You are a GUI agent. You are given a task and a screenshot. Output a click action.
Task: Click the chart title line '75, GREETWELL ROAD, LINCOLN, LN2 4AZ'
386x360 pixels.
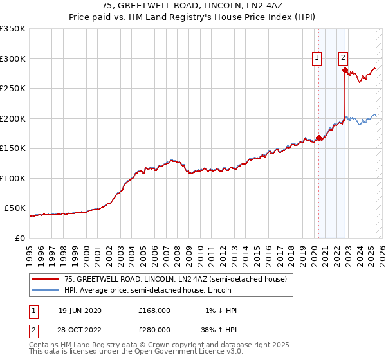[193, 6]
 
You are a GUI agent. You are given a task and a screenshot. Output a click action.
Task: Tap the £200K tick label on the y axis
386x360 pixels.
[13, 118]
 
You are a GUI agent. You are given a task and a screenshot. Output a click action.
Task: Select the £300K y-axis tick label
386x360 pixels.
[13, 59]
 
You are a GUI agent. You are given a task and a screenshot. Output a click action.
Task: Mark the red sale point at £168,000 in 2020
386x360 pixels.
[318, 138]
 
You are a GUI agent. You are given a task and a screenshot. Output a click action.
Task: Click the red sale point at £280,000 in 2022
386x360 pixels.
[345, 70]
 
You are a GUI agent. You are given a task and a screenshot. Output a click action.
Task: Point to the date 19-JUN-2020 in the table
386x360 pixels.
[80, 310]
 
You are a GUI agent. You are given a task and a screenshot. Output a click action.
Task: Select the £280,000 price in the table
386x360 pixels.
[154, 329]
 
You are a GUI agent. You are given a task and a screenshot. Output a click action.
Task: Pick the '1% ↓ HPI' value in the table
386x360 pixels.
[221, 310]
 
